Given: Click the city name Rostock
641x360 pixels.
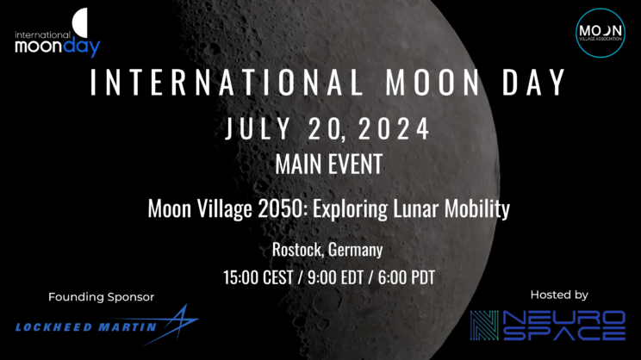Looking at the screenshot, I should (x=295, y=251).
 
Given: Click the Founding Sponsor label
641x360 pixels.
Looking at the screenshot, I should (x=101, y=297).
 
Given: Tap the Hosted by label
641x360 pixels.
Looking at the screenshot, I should (x=558, y=295).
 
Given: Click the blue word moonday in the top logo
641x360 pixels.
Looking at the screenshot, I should (x=56, y=47).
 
